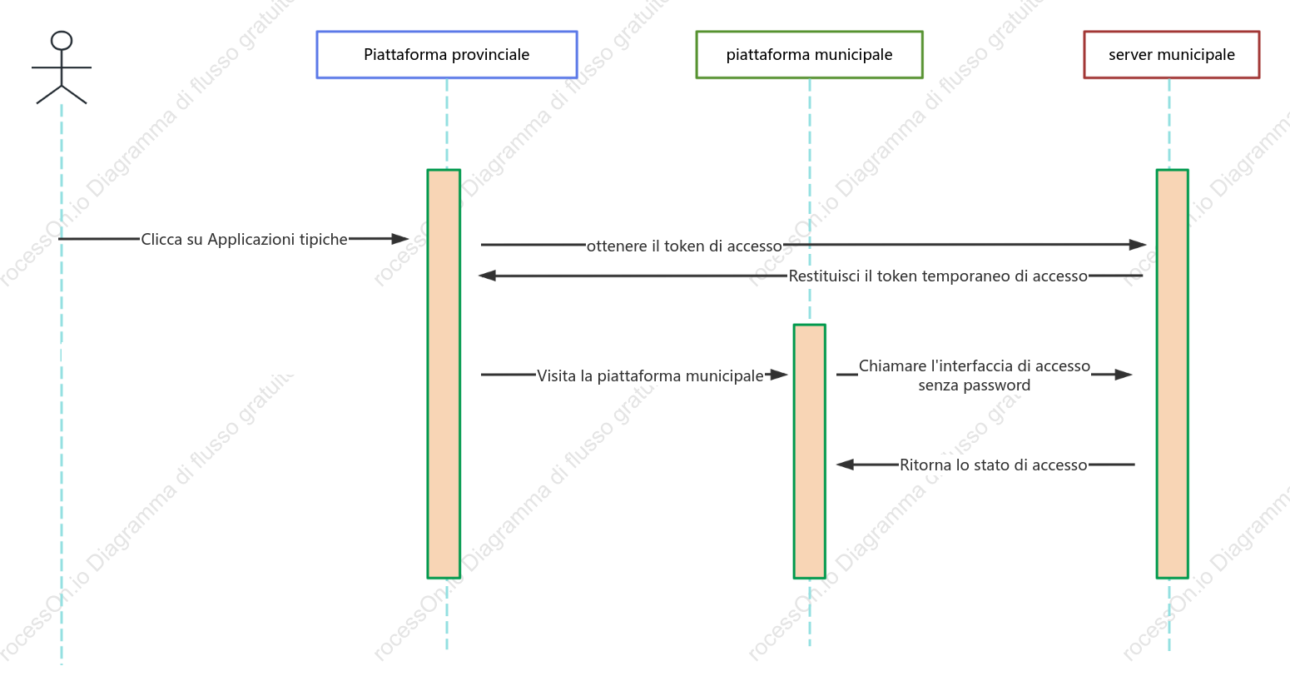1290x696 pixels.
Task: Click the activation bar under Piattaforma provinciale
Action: click(x=444, y=374)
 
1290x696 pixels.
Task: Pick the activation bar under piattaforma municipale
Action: click(x=809, y=451)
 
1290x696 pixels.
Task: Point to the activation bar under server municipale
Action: click(x=1172, y=374)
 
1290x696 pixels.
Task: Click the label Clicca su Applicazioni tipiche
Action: click(x=244, y=239)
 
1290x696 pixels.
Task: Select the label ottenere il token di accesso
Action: click(x=684, y=246)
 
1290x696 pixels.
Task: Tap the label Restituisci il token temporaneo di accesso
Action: click(x=938, y=276)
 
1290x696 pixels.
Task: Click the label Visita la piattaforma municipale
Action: click(x=650, y=375)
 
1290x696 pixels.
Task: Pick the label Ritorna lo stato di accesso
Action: click(x=994, y=465)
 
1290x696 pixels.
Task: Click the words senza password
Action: click(x=975, y=385)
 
